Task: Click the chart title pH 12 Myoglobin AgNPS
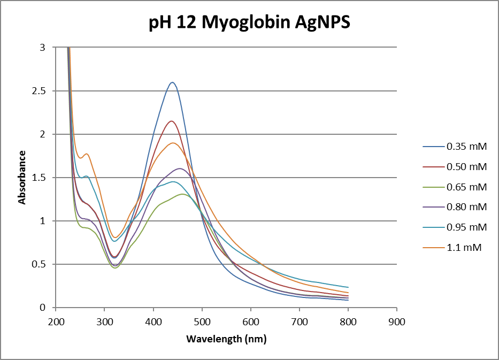(x=249, y=23)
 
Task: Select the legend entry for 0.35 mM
(x=466, y=146)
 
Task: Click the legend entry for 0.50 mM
(x=466, y=166)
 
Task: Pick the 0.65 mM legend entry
(x=466, y=187)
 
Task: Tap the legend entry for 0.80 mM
(x=466, y=207)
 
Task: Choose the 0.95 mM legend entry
(x=466, y=227)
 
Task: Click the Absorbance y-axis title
(x=22, y=177)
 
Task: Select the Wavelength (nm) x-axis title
(x=226, y=339)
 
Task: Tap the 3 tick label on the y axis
(x=45, y=48)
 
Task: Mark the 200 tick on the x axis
(x=56, y=321)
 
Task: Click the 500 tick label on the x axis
(x=202, y=321)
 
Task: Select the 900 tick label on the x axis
(x=396, y=321)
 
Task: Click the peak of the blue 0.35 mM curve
(x=172, y=82)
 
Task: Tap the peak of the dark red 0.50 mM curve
(x=172, y=121)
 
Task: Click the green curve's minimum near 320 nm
(x=114, y=267)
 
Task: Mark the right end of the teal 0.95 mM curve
(x=348, y=287)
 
